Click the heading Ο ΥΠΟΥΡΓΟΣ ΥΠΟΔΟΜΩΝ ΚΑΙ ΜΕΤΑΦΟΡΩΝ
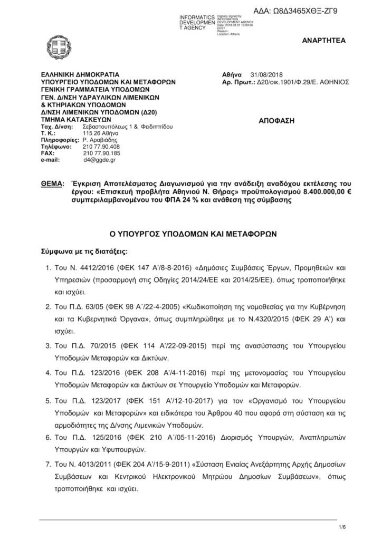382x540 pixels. tap(190, 233)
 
